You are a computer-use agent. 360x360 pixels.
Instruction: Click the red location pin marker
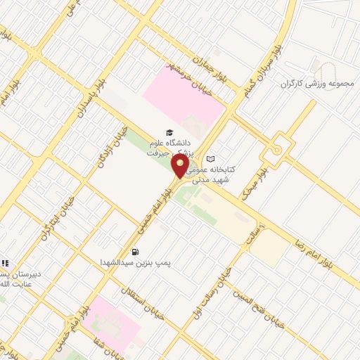pyautogui.click(x=181, y=167)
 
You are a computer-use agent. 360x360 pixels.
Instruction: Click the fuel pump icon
pyautogui.click(x=135, y=252)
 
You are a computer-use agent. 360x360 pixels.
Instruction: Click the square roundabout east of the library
pyautogui.click(x=277, y=150)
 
